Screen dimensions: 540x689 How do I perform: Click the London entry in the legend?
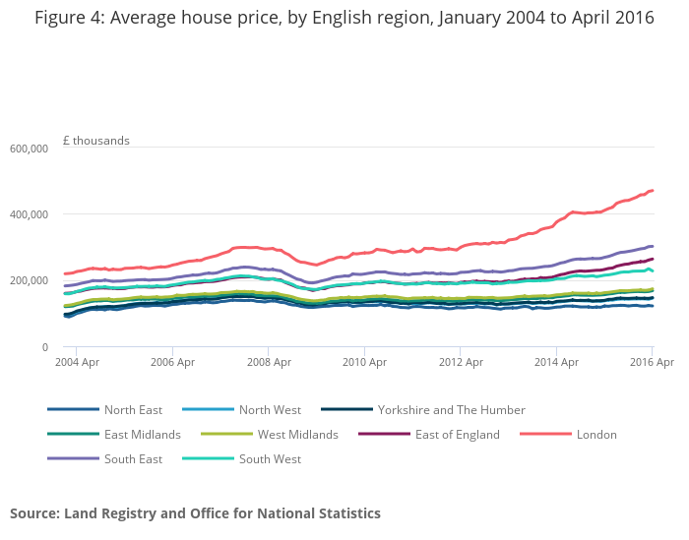pyautogui.click(x=596, y=435)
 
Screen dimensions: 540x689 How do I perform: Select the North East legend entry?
pyautogui.click(x=133, y=410)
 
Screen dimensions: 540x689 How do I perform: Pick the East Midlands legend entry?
pyautogui.click(x=143, y=435)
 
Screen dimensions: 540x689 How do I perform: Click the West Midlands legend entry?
pyautogui.click(x=297, y=435)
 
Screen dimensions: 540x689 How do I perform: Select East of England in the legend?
pyautogui.click(x=456, y=435)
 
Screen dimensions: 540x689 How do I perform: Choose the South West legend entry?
pyautogui.click(x=271, y=459)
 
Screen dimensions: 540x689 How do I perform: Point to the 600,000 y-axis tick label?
pyautogui.click(x=29, y=149)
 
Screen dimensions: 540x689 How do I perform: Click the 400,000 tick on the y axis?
pyautogui.click(x=29, y=214)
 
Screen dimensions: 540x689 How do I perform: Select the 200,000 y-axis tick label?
pyautogui.click(x=29, y=280)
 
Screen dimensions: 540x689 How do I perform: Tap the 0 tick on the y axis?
pyautogui.click(x=44, y=347)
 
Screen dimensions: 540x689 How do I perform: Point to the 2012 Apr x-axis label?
pyautogui.click(x=460, y=363)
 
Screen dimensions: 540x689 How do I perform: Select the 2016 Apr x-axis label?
pyautogui.click(x=652, y=363)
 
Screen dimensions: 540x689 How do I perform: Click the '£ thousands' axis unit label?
pyautogui.click(x=95, y=141)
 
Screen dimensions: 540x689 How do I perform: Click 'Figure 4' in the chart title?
pyautogui.click(x=70, y=19)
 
